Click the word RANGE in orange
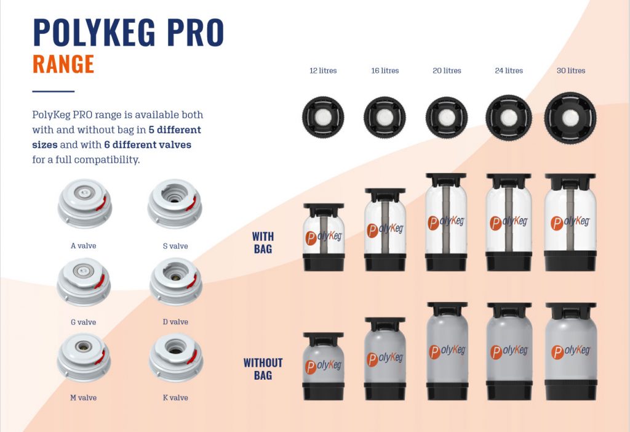(63, 64)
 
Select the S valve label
(175, 247)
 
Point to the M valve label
(84, 398)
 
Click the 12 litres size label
(323, 71)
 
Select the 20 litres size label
(447, 71)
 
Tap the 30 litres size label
(570, 71)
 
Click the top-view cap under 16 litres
(385, 116)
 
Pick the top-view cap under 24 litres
(508, 116)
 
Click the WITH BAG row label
(263, 242)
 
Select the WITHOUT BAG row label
(263, 369)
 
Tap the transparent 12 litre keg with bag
(323, 237)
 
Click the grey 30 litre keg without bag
(570, 351)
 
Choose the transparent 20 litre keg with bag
(447, 222)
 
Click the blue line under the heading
(53, 91)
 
